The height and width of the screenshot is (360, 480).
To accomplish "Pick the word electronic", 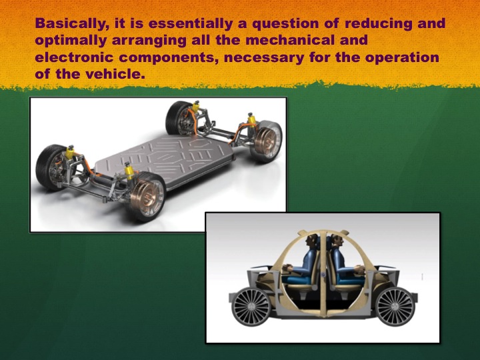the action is tap(75, 57).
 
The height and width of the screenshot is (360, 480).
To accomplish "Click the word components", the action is tap(169, 58).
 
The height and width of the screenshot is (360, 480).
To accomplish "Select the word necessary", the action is tap(264, 58).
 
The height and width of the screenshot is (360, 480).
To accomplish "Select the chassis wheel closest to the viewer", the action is tap(146, 197).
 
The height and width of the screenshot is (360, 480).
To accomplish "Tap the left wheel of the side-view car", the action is tap(251, 307).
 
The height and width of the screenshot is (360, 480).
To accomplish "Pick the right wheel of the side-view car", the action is tap(395, 307).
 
